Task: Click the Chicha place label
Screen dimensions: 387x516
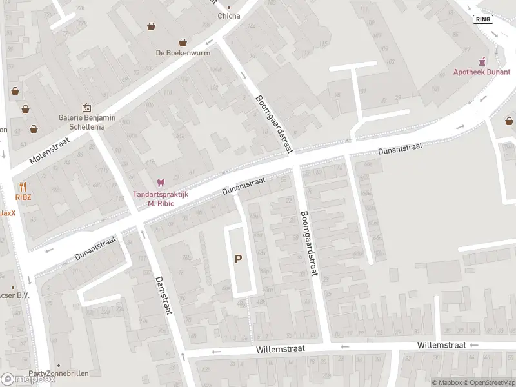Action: (x=229, y=16)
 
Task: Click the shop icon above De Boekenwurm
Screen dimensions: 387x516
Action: (x=151, y=26)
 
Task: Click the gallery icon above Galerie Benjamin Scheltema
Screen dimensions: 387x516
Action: (x=86, y=108)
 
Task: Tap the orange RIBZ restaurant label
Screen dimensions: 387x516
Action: (x=24, y=196)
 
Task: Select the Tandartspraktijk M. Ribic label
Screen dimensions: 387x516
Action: (x=161, y=199)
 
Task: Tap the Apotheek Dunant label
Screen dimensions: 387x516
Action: (x=481, y=72)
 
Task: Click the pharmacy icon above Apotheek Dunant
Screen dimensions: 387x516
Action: (x=481, y=61)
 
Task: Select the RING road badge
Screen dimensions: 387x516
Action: (x=482, y=19)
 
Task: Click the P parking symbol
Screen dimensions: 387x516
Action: (x=239, y=259)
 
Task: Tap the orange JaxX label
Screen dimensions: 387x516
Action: (x=7, y=213)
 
